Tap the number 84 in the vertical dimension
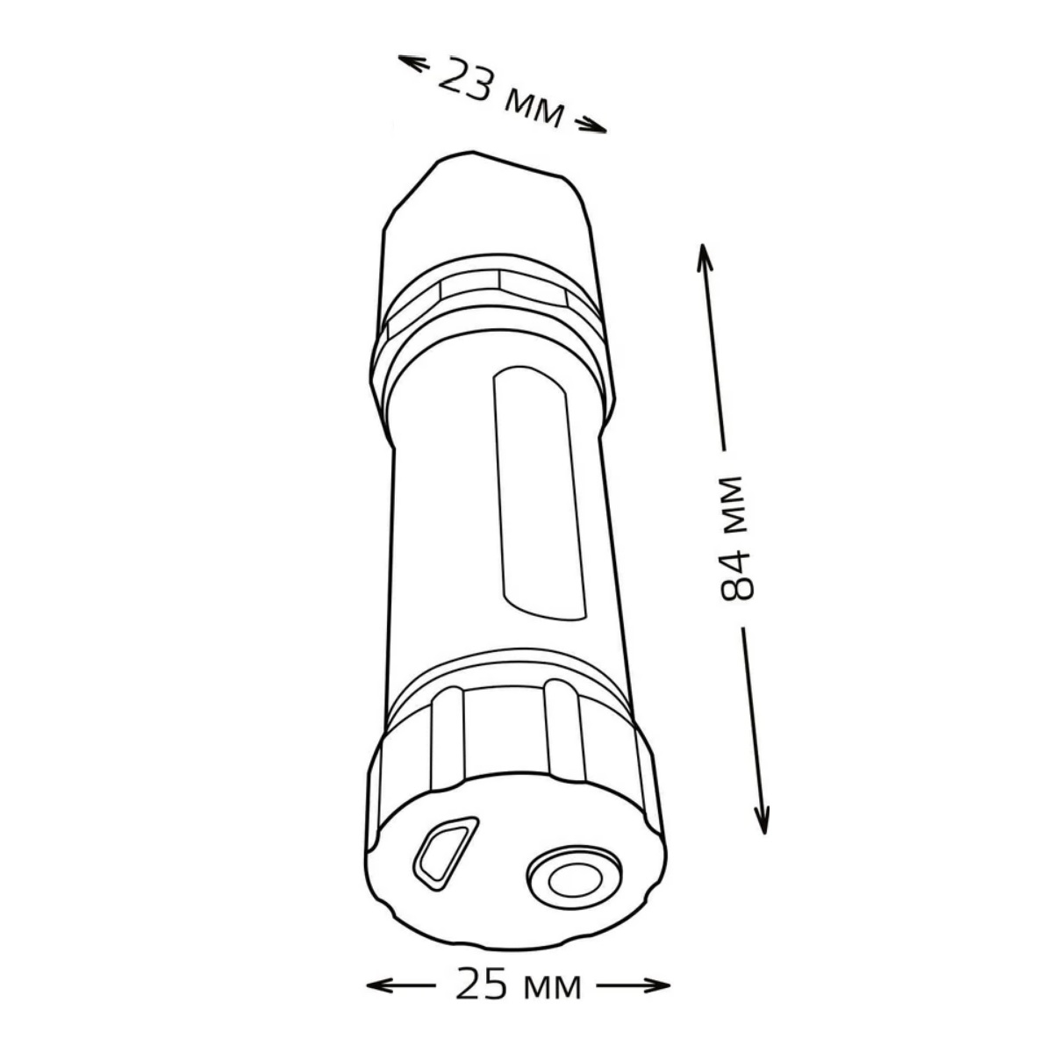click(x=736, y=575)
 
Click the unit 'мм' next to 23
click(x=534, y=109)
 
